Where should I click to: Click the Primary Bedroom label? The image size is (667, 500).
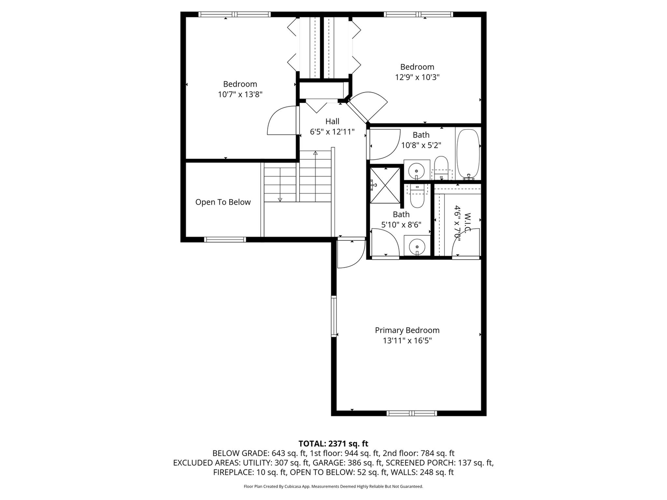coord(407,330)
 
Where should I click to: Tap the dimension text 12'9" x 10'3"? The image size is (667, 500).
coord(417,77)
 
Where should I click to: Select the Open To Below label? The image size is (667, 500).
coord(223,202)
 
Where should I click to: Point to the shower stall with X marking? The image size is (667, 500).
coord(385,185)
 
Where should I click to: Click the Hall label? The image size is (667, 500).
coord(332,121)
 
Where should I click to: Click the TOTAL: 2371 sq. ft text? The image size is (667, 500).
coord(333,444)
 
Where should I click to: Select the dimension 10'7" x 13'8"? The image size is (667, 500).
coord(240,94)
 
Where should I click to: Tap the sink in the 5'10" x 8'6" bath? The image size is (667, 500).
coord(417,246)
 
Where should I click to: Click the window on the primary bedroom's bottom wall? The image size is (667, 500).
coord(411,413)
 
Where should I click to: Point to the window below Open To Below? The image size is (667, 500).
coord(225,239)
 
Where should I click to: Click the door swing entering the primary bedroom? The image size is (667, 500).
coord(351,255)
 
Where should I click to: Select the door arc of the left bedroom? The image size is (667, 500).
coord(281,121)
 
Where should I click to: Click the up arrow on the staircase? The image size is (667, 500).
coord(315,153)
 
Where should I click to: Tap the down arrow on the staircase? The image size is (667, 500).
coord(280,199)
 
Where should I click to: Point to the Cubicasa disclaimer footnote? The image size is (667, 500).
coord(333,487)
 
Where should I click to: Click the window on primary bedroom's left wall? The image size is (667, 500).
coord(333,316)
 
